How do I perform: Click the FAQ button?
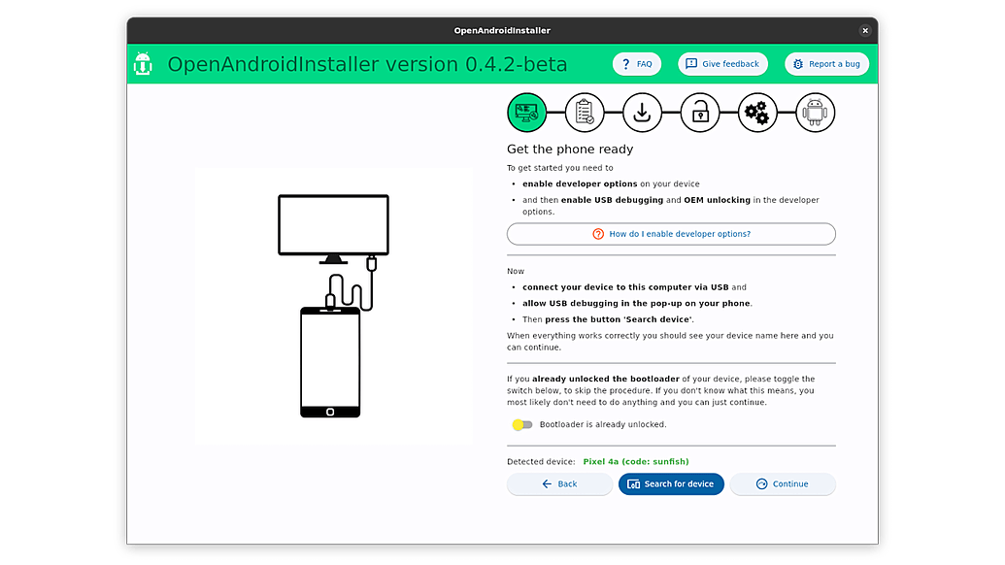(636, 64)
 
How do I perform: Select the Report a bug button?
(826, 64)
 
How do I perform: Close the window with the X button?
(864, 30)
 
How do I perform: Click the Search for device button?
(671, 484)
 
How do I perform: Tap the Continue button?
(783, 484)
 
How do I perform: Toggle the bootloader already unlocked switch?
(521, 424)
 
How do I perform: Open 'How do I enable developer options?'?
(671, 234)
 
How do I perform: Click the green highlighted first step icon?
(527, 113)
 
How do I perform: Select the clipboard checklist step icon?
(585, 113)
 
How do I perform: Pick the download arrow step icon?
(642, 113)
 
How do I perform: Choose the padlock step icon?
(700, 113)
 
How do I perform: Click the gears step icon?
(757, 113)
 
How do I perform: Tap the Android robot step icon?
(816, 113)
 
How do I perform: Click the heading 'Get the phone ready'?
(570, 150)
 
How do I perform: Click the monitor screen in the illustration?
(333, 225)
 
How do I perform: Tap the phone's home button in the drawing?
(330, 412)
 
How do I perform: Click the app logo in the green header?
(143, 64)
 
